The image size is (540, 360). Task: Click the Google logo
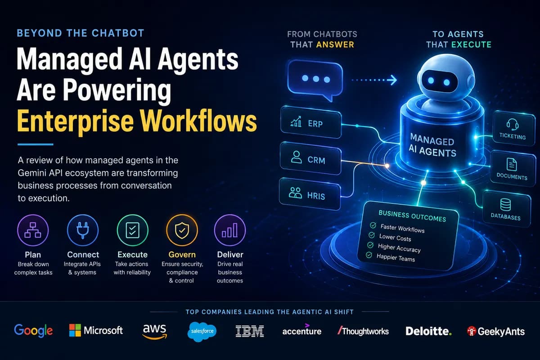[x=33, y=331]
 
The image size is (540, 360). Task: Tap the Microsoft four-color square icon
[x=75, y=330]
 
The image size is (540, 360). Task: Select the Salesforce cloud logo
[x=202, y=332]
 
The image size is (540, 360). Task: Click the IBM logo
[x=249, y=331]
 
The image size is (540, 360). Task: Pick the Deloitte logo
[x=428, y=331]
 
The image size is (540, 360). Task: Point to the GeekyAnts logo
[x=495, y=331]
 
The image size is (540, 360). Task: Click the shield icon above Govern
[x=182, y=230]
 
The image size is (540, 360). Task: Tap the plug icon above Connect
[x=83, y=230]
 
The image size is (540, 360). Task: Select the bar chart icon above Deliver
[x=230, y=230]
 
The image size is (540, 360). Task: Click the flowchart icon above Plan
[x=33, y=230]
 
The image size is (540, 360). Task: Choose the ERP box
[x=311, y=123]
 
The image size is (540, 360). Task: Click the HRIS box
[x=310, y=194]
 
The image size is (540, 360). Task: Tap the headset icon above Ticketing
[x=512, y=124]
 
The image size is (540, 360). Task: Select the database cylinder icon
[x=505, y=204]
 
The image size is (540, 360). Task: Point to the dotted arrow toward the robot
[x=374, y=80]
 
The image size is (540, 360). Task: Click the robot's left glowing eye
[x=431, y=81]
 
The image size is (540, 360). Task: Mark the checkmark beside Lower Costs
[x=372, y=235]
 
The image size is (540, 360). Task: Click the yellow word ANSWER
[x=335, y=45]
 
